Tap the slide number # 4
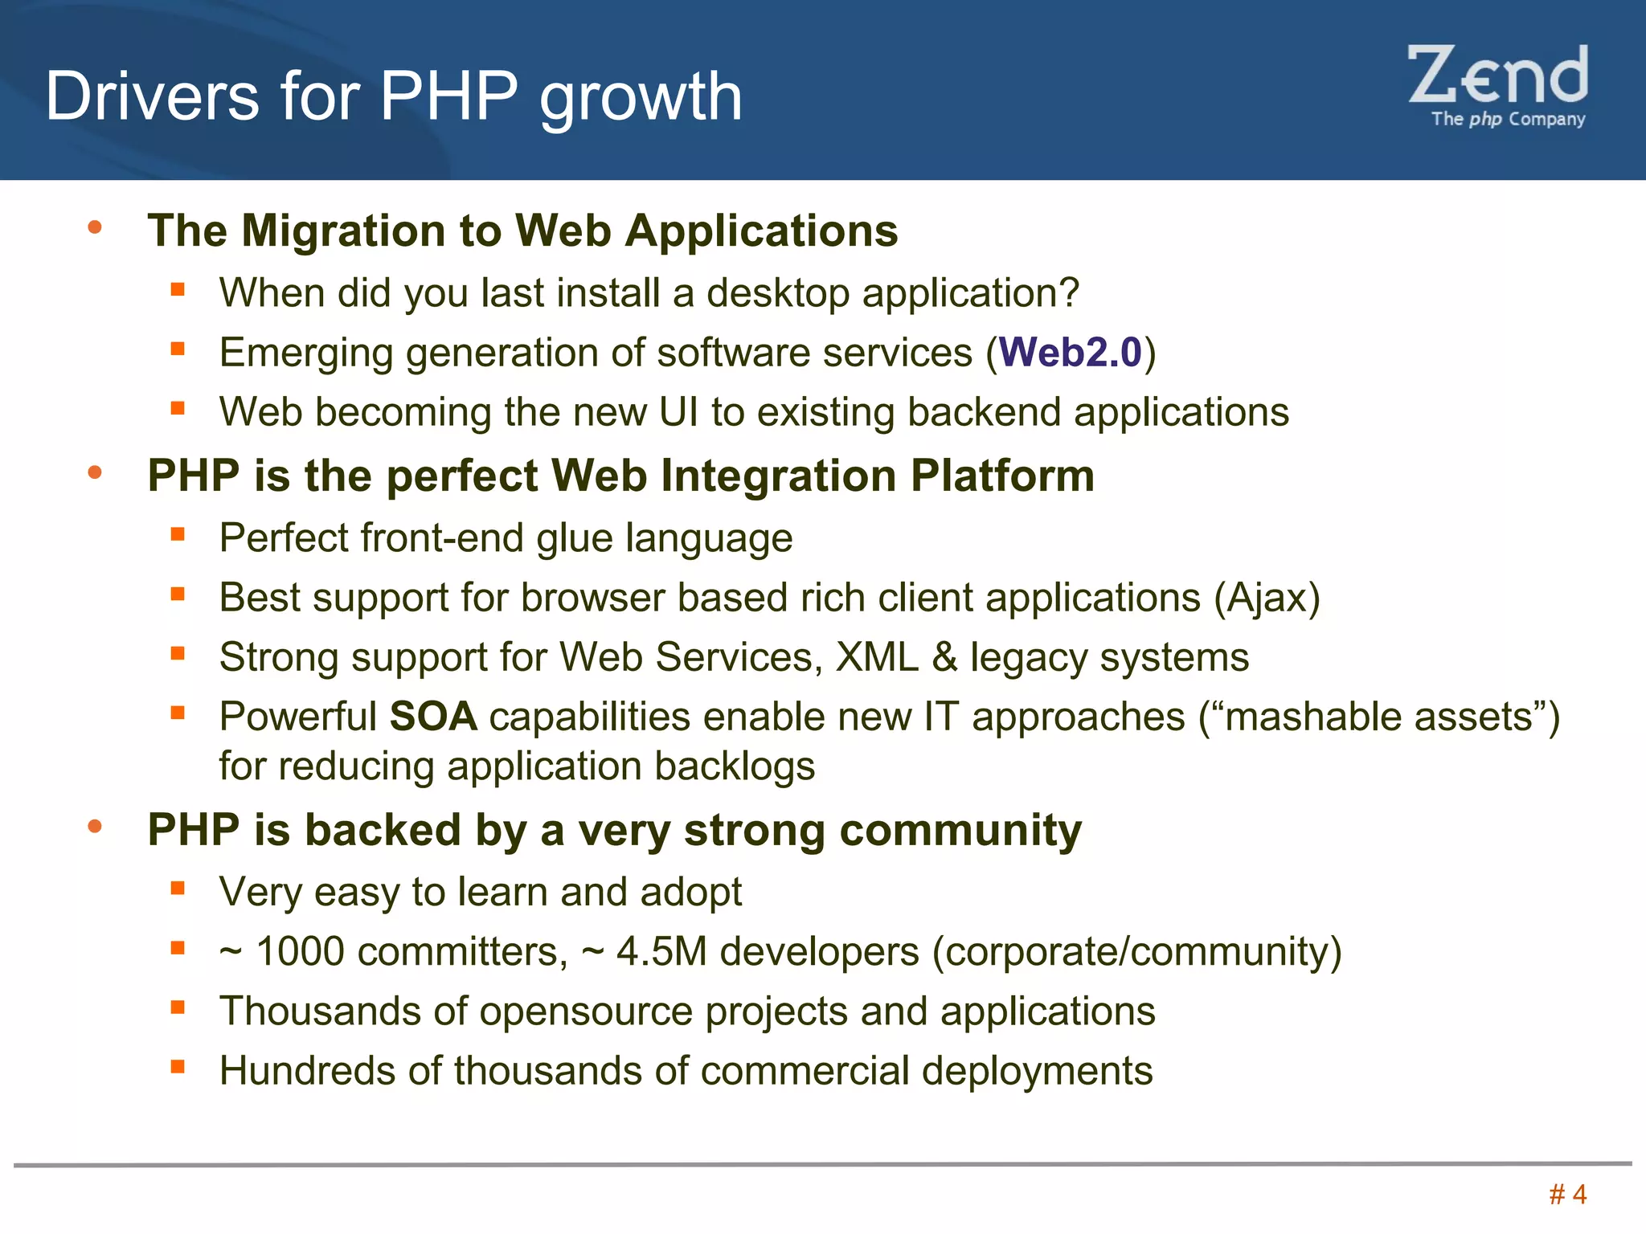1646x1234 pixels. click(x=1567, y=1195)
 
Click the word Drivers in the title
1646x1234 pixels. click(x=153, y=96)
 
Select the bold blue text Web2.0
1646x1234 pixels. click(x=1070, y=353)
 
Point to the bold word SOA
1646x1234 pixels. click(x=433, y=717)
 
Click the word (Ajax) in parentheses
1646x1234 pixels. click(x=1267, y=599)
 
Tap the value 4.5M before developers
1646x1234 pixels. click(x=661, y=952)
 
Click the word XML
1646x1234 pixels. click(x=877, y=658)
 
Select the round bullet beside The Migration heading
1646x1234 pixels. click(x=95, y=228)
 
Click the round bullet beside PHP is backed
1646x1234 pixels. click(x=95, y=827)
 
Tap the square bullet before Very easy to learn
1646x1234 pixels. click(x=178, y=888)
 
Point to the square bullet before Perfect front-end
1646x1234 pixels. click(x=178, y=533)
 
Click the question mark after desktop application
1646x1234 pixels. click(x=1069, y=293)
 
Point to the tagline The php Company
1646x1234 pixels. click(x=1508, y=120)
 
